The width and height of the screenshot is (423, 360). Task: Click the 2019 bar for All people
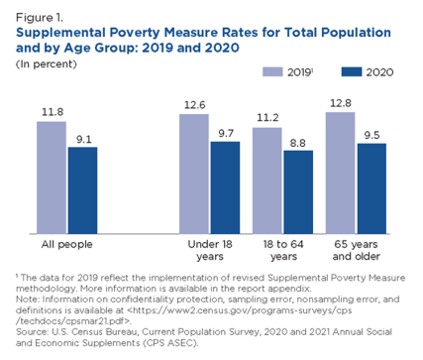(52, 179)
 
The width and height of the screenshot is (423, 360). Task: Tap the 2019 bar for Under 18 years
(194, 175)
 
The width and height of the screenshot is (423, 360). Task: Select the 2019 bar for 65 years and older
(340, 174)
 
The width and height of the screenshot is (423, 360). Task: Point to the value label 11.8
(52, 112)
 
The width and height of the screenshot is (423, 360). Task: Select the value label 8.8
(298, 141)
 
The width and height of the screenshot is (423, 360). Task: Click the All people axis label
(66, 244)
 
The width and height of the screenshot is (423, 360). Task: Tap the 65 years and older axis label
(355, 250)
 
